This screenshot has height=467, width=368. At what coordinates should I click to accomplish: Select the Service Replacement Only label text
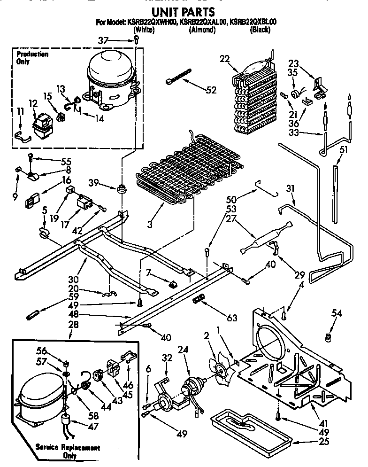pyautogui.click(x=68, y=451)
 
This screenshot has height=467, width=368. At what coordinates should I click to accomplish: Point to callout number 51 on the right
pyautogui.click(x=344, y=150)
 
